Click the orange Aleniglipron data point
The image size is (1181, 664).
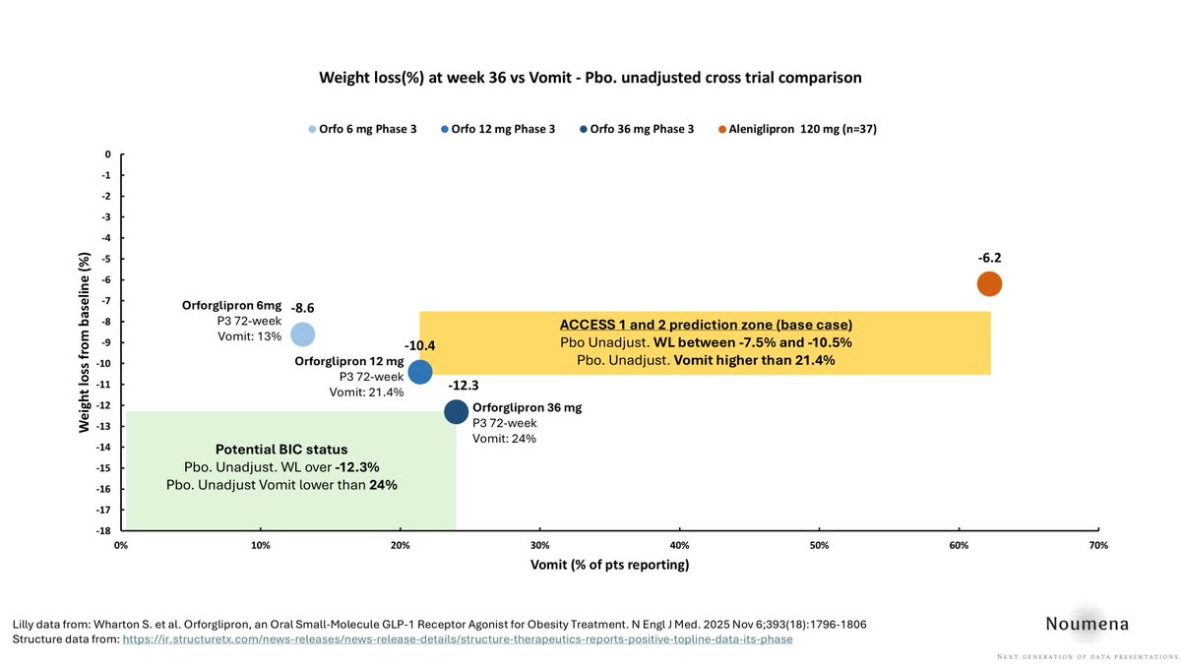click(989, 283)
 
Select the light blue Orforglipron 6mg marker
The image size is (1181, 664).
click(303, 334)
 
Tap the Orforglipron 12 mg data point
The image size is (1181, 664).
click(420, 372)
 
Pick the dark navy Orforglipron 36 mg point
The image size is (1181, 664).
click(456, 411)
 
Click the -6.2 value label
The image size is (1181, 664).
click(989, 258)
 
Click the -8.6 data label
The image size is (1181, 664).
click(302, 308)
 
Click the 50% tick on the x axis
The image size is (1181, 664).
click(819, 544)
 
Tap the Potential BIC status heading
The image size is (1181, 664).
click(280, 449)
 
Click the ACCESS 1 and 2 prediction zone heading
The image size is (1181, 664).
click(706, 325)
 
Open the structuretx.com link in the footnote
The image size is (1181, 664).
click(458, 638)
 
